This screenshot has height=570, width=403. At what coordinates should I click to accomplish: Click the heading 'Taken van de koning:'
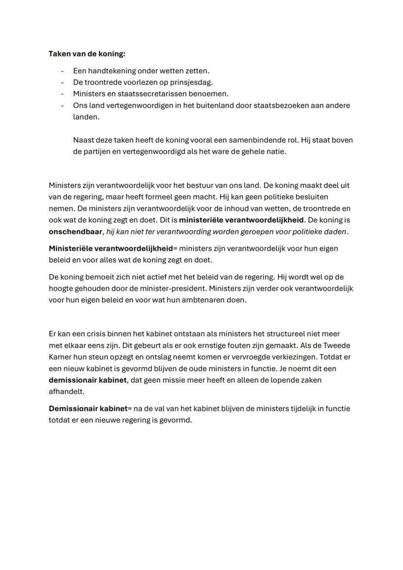87,54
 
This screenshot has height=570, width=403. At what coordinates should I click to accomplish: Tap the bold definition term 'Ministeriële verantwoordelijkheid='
113,249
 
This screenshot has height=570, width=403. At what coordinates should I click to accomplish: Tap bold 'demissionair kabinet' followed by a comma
88,380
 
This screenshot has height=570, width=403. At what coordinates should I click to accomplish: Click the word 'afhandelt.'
66,392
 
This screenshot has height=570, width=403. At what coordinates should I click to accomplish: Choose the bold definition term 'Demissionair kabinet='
91,408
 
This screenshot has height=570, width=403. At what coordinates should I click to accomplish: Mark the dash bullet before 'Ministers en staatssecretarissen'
62,93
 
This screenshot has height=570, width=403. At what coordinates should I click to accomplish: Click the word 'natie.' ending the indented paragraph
275,151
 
